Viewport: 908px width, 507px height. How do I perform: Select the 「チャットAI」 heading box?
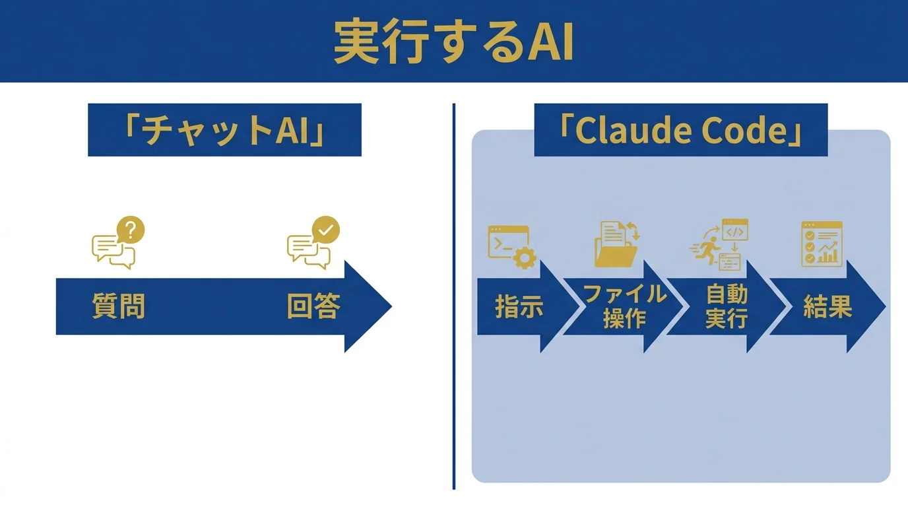pos(224,130)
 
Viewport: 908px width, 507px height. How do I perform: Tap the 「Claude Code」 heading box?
pos(680,130)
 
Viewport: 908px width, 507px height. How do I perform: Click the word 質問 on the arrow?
pos(118,307)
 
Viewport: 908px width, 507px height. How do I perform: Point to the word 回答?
pos(313,307)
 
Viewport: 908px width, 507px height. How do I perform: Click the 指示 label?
pos(519,307)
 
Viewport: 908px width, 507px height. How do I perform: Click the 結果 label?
pos(827,306)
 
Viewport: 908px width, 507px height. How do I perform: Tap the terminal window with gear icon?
pos(511,247)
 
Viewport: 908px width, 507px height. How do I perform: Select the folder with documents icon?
pos(618,244)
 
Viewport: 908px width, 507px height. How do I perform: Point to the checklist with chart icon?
pos(822,244)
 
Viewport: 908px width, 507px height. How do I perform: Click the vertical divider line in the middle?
pos(454,297)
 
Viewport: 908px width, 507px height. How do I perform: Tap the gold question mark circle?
pos(131,230)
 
